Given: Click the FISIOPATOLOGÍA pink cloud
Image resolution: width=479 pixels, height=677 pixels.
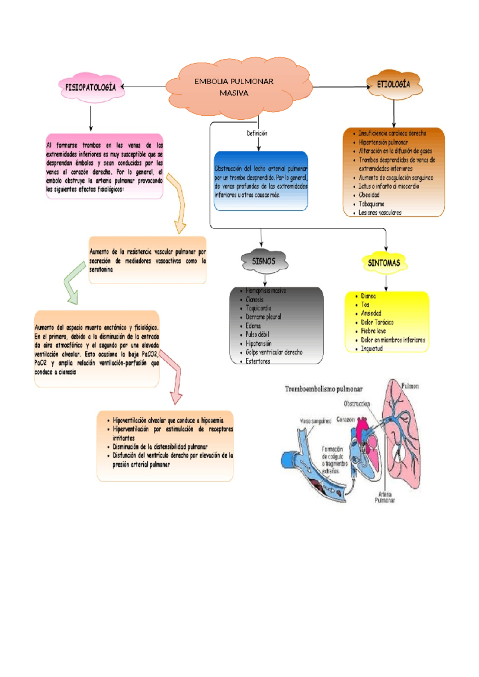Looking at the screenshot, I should click(x=91, y=87).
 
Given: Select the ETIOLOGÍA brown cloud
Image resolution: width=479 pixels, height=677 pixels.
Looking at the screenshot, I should click(x=394, y=84).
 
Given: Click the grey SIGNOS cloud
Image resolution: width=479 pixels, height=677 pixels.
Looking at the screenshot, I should click(x=264, y=261).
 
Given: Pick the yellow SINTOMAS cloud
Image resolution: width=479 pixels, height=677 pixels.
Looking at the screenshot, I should click(x=384, y=263).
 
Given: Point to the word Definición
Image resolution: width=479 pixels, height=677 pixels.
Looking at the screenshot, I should click(x=257, y=133).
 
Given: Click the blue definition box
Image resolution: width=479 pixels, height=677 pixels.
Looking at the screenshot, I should click(x=261, y=181).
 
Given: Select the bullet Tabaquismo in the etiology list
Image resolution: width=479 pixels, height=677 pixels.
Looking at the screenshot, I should click(x=371, y=204).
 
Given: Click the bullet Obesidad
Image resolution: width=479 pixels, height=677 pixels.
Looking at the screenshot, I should click(x=369, y=195).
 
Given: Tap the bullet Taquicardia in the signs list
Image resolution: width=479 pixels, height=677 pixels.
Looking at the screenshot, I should click(x=258, y=308).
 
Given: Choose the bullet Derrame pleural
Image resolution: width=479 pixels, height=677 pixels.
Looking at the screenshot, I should click(x=263, y=317).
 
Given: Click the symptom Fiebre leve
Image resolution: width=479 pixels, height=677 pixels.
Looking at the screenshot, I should click(x=373, y=331).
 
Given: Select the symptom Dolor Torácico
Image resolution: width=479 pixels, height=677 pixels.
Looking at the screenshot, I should click(x=377, y=322).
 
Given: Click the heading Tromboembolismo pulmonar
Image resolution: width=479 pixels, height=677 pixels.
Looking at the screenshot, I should click(x=323, y=389).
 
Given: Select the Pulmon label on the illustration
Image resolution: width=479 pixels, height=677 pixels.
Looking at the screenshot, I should click(x=410, y=386).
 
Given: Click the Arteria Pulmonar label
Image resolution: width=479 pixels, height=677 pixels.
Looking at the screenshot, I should click(x=384, y=497).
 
